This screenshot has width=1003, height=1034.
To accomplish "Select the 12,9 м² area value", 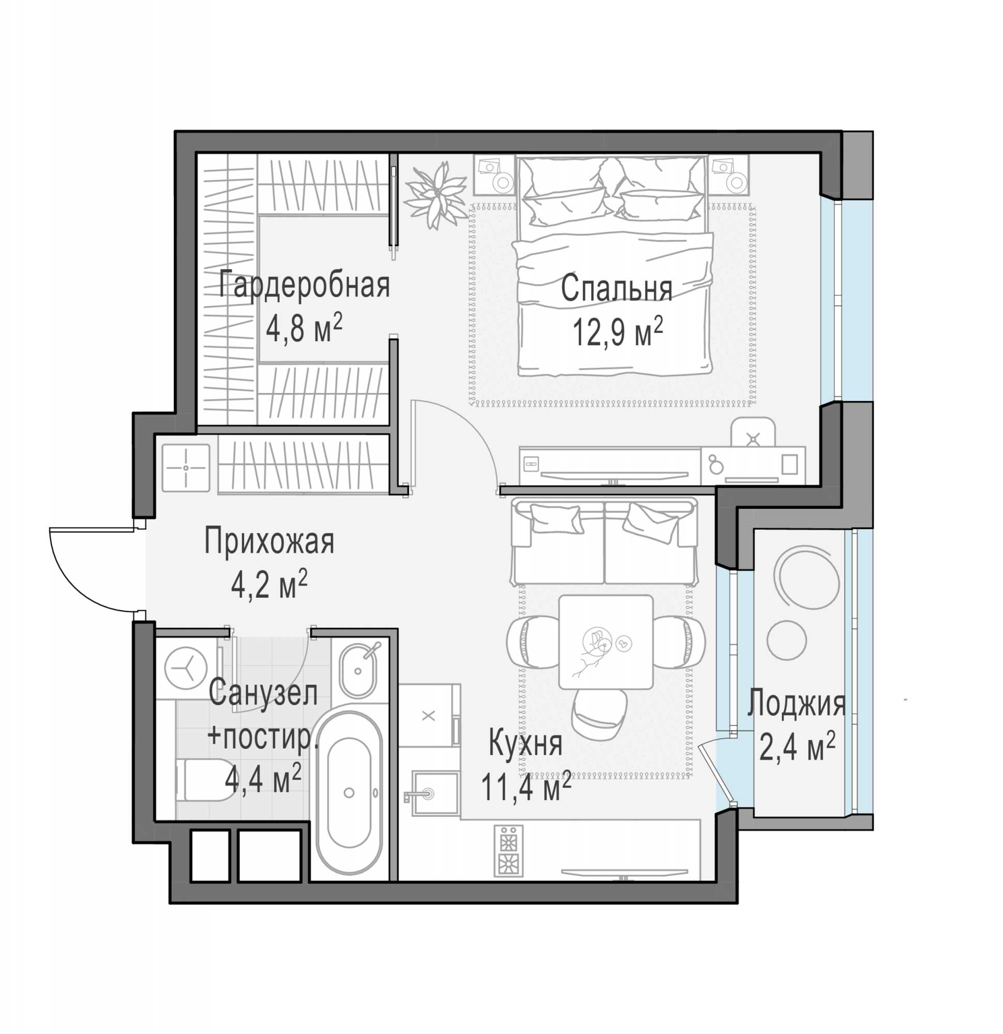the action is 618,332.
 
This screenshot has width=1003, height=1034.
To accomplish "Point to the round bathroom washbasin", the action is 358,670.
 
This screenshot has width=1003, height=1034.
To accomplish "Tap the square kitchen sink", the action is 435,794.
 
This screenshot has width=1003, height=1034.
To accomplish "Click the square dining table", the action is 606,642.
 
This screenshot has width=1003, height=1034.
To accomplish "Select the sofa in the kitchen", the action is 604,541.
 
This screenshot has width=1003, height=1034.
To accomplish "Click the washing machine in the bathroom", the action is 186,670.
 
